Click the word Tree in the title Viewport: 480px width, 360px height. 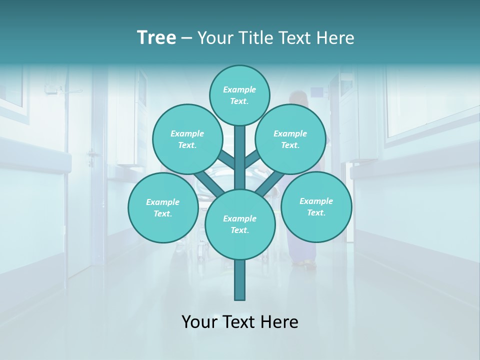[x=156, y=37]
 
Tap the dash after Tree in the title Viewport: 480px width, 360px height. [x=186, y=38]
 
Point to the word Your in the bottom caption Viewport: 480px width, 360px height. [x=200, y=322]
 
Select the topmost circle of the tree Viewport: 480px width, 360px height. [x=239, y=95]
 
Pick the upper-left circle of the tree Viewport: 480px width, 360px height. [x=187, y=139]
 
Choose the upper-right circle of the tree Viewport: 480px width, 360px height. [x=290, y=139]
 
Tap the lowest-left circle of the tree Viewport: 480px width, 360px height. [x=163, y=207]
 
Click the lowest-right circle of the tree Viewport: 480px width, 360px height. [x=316, y=206]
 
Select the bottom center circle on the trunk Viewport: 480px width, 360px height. [x=240, y=224]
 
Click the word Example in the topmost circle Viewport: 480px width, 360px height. [x=239, y=90]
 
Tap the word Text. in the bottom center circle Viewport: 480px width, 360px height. [x=239, y=230]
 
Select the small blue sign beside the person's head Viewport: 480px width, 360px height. [x=316, y=91]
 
